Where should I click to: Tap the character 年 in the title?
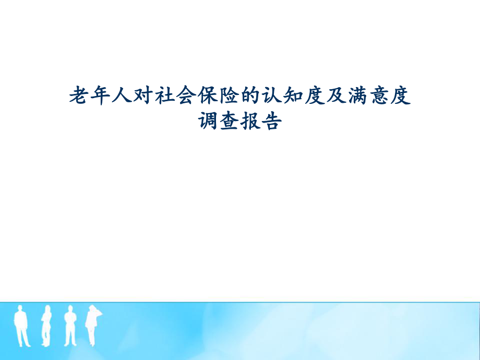click(100, 97)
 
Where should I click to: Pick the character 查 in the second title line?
click(229, 123)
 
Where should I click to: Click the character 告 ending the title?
click(272, 123)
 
